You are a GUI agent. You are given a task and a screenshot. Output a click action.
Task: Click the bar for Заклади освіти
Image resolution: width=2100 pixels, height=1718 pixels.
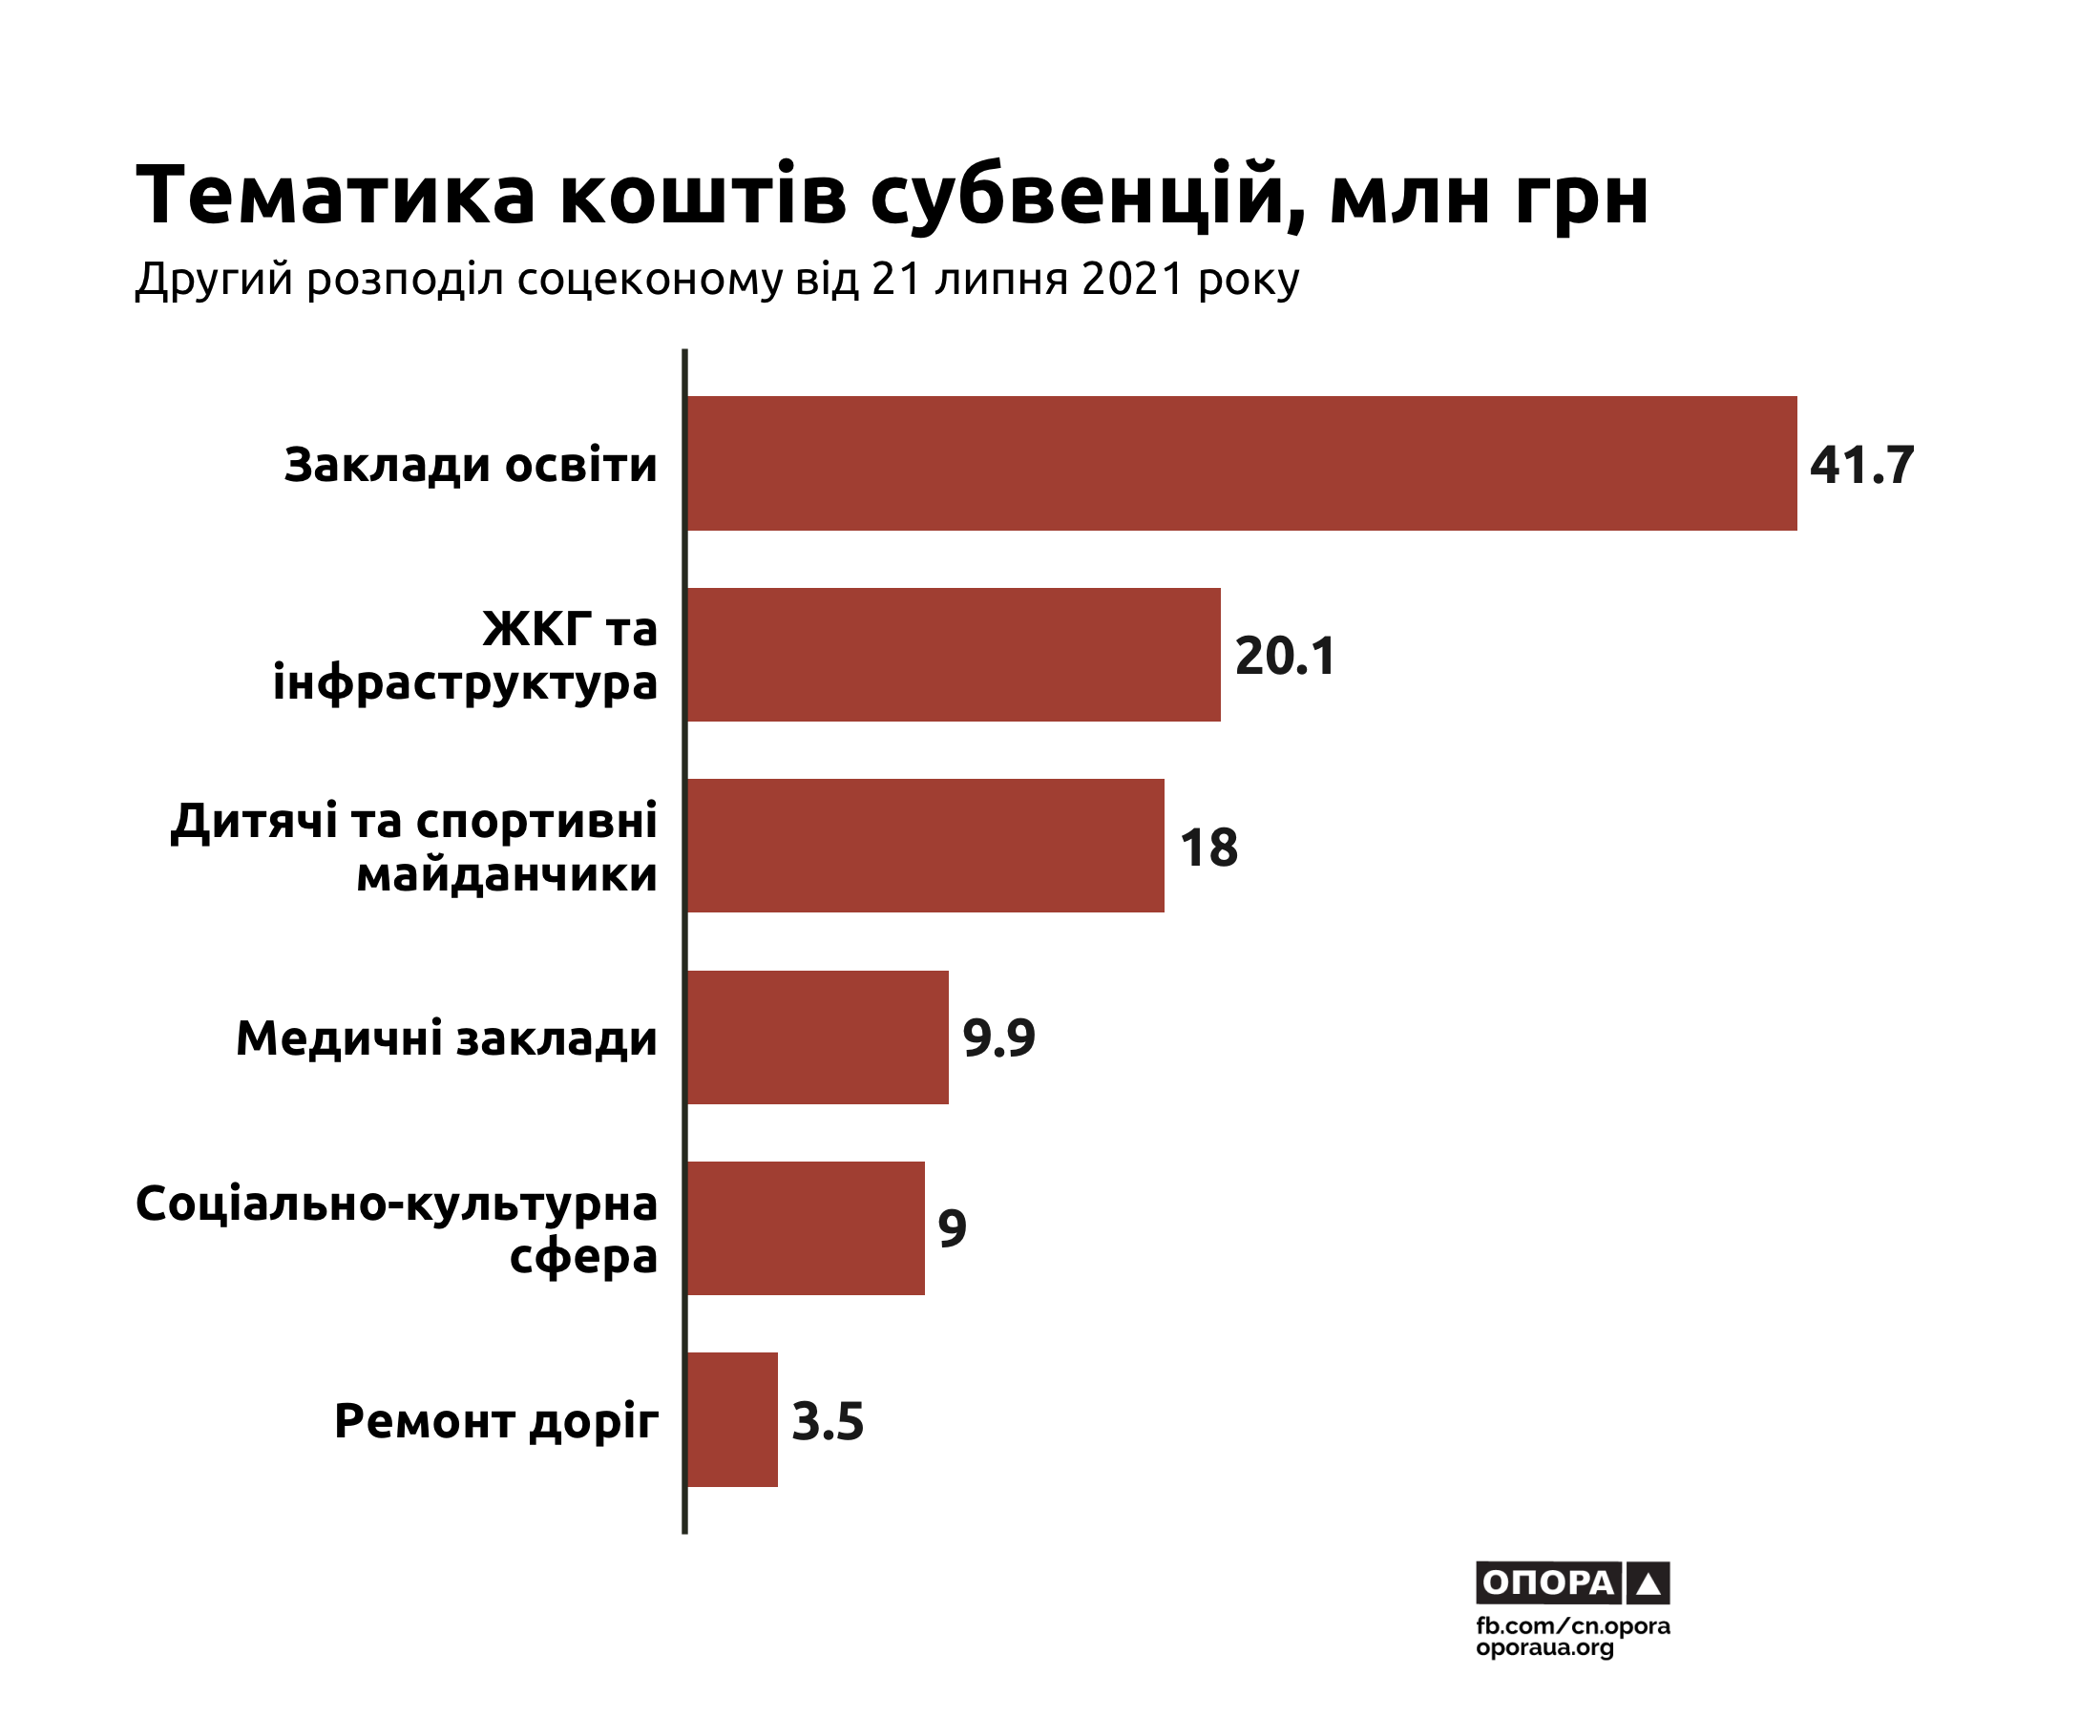1241,463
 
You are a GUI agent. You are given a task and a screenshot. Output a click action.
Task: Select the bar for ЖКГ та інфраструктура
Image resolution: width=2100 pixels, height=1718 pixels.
953,654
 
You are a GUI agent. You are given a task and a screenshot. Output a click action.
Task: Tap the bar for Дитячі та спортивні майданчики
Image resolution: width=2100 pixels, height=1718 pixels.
925,845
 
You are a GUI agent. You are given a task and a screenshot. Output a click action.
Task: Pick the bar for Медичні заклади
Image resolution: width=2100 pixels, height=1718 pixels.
817,1037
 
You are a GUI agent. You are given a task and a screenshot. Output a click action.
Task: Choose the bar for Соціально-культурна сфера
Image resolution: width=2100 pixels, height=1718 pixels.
806,1227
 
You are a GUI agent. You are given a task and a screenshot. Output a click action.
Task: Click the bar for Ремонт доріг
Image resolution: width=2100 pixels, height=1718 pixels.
732,1419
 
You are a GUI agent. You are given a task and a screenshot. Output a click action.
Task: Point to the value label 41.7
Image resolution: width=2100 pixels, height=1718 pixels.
1861,464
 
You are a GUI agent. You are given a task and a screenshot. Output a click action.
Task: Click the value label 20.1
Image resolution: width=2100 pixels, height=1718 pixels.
1286,655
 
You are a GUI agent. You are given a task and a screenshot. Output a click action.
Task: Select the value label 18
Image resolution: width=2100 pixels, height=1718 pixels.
1208,848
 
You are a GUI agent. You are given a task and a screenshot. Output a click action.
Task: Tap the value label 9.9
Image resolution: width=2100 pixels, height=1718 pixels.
998,1037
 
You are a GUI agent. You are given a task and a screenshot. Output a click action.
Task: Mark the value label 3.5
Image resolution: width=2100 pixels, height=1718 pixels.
828,1421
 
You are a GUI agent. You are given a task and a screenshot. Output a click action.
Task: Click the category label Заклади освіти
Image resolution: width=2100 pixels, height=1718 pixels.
470,464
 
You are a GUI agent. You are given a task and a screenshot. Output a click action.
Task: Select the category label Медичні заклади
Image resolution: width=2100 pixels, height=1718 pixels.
447,1038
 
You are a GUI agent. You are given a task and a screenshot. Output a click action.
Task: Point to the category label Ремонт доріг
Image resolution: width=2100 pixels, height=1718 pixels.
495,1421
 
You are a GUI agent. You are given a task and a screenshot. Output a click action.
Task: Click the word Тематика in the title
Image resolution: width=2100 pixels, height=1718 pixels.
335,195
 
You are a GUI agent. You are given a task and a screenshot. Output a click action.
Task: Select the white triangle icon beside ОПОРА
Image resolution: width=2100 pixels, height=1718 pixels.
1648,1583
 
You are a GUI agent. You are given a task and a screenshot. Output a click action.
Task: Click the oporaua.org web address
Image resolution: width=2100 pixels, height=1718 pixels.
1544,1647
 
